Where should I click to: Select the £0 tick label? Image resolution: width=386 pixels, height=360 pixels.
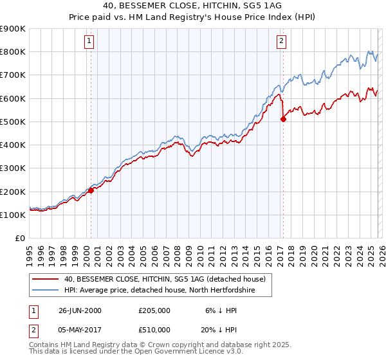(x=20, y=239)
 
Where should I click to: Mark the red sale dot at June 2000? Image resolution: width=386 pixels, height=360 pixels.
(x=91, y=190)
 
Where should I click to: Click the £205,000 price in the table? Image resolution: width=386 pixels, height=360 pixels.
(x=154, y=310)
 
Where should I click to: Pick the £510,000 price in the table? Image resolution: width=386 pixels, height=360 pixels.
(x=154, y=330)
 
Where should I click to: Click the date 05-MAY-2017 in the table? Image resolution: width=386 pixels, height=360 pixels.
(x=80, y=330)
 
